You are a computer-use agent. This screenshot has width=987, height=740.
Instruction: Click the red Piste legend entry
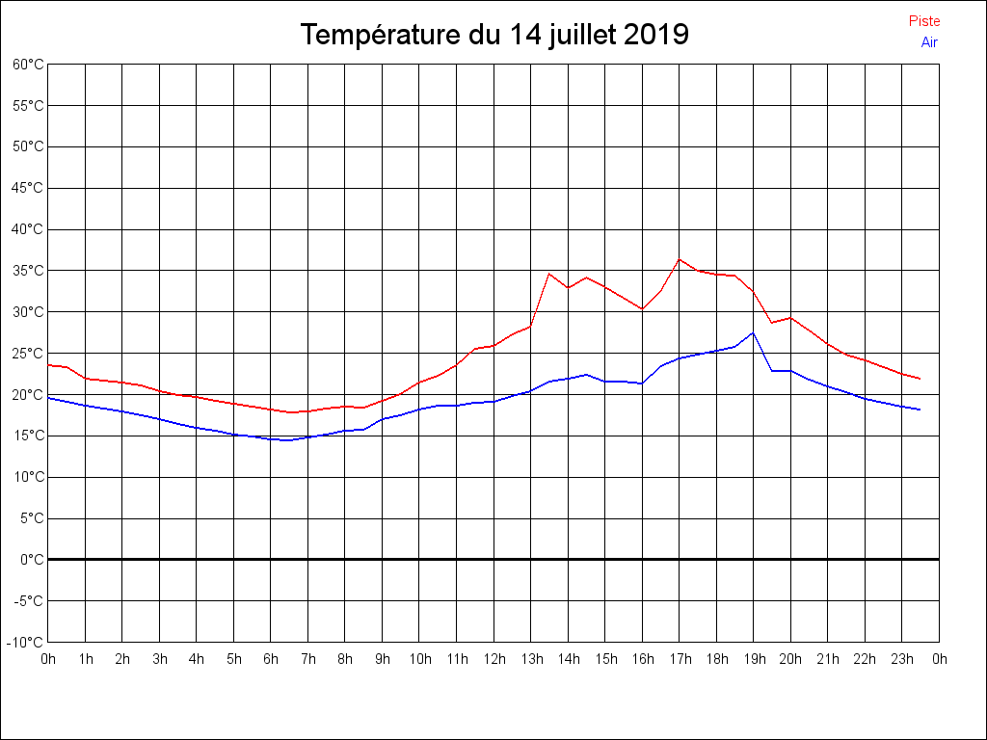923,21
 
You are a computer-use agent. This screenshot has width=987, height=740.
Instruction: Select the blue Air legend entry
929,41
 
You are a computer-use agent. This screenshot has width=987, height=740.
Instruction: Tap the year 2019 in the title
655,35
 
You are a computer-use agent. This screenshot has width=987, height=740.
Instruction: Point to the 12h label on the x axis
493,659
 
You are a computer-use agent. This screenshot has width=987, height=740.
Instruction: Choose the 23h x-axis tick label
901,659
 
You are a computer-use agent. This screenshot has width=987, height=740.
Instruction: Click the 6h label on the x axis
271,659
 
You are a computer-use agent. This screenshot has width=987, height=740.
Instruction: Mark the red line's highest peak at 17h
679,259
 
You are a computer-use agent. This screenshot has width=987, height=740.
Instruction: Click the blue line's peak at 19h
753,333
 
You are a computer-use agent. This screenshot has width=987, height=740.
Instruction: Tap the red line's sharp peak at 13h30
548,274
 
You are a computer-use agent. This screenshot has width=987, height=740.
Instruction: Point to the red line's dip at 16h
642,309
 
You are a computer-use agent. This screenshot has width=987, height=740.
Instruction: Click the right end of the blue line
920,410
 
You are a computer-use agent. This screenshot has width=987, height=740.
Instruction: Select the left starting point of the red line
48,365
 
